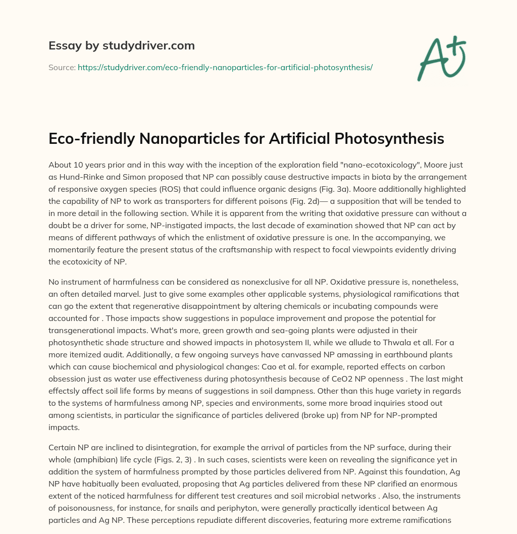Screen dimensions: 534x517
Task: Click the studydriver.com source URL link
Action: pyautogui.click(x=225, y=67)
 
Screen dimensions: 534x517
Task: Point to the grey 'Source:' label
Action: pyautogui.click(x=62, y=67)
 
